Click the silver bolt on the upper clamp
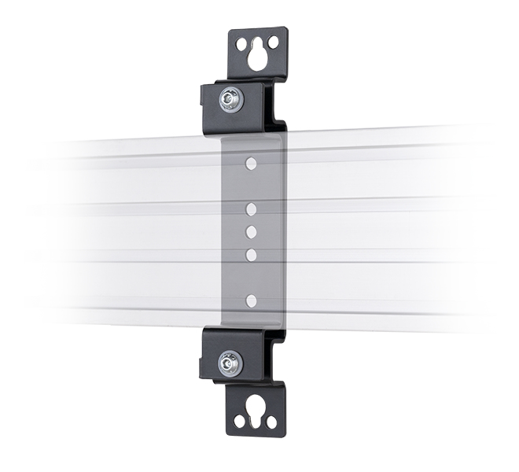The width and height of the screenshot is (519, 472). tap(232, 98)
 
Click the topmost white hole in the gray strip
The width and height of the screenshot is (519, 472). tap(251, 164)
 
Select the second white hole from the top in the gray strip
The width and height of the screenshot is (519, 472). tap(251, 209)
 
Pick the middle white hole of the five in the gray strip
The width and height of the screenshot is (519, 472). tap(251, 231)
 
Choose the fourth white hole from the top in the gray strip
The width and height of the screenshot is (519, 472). tap(251, 254)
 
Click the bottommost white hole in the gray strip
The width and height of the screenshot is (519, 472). tap(251, 300)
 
